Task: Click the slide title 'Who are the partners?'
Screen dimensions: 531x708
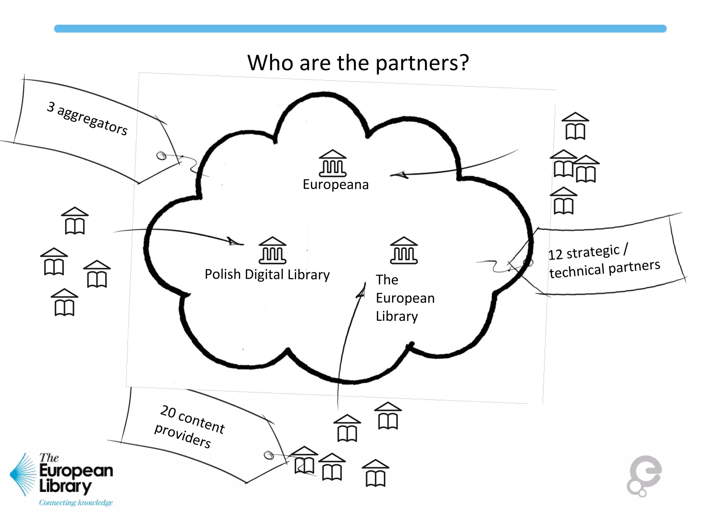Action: point(358,63)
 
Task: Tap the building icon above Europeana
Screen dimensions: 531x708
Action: point(332,163)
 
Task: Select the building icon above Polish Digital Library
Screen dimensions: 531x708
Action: point(272,250)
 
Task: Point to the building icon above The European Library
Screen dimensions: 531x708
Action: point(403,250)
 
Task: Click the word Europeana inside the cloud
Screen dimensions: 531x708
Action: point(336,185)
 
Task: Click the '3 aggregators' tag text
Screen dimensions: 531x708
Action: point(87,118)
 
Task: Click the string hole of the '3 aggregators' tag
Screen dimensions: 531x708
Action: point(161,156)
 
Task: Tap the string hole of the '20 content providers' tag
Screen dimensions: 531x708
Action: point(268,455)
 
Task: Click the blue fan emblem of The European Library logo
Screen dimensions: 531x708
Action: point(24,474)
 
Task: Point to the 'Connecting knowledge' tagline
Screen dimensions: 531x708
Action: point(76,502)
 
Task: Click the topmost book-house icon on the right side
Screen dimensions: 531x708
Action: point(575,126)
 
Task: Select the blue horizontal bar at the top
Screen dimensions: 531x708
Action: point(360,29)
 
